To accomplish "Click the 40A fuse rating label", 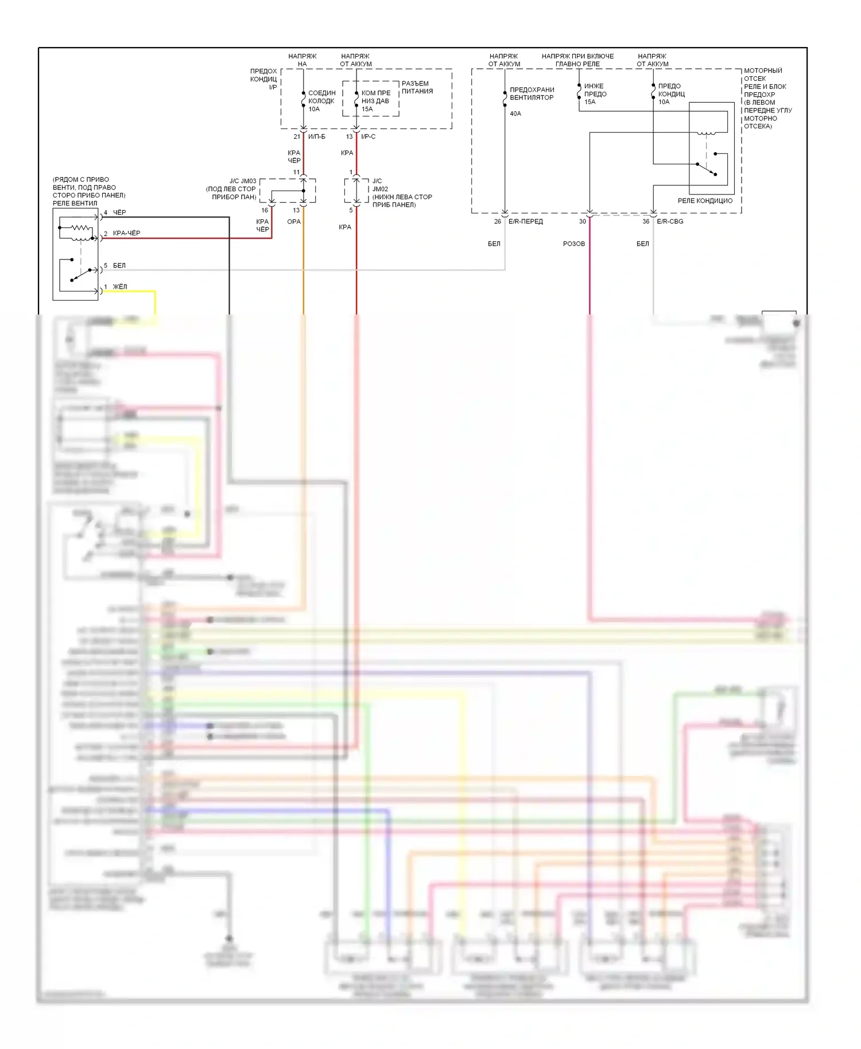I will point(515,114).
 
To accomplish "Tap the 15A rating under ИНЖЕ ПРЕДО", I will point(589,102).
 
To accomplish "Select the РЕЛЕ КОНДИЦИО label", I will point(705,201).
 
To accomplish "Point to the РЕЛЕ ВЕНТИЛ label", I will point(75,203).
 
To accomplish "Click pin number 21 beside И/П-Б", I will point(297,137).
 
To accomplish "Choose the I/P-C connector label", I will point(368,137).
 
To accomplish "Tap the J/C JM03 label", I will point(243,181).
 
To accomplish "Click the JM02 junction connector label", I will point(380,189).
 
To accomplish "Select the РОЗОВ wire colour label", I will point(574,244).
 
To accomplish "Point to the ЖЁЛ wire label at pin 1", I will point(120,287).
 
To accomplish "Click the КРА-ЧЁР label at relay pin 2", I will point(126,233).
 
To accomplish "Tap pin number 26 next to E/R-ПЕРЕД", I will point(498,222).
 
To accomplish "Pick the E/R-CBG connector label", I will point(670,222).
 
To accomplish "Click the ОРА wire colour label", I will point(294,222).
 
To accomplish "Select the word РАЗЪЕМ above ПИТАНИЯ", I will point(415,84).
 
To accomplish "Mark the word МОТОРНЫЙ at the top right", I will point(763,71).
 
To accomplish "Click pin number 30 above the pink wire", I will point(583,222).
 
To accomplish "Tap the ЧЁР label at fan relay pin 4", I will point(119,212).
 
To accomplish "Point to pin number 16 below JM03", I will point(265,210).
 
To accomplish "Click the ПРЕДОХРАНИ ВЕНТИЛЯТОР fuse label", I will point(532,94).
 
